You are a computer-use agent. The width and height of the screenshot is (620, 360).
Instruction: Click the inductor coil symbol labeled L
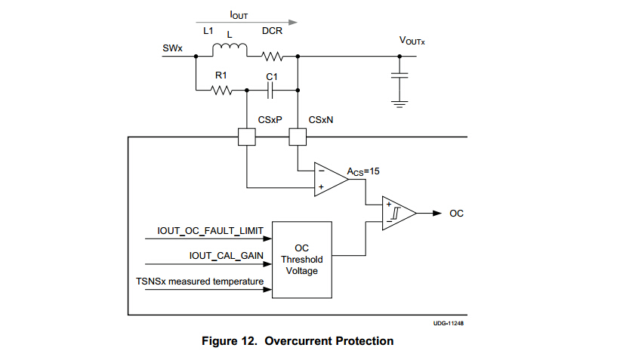click(x=229, y=51)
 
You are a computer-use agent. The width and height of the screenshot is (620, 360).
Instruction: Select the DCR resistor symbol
click(x=272, y=56)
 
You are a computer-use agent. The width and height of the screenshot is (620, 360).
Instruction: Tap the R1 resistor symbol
click(x=221, y=91)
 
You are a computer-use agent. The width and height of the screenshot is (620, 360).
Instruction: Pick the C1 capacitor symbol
click(x=273, y=91)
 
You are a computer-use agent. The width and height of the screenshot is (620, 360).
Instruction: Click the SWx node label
click(x=172, y=49)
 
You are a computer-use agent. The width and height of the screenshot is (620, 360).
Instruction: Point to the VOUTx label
click(x=412, y=41)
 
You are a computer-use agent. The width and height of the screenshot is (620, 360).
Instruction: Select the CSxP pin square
click(x=247, y=137)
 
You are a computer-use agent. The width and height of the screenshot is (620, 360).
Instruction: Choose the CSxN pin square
click(x=298, y=137)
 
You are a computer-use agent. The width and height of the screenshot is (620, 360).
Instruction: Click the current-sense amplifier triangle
click(x=329, y=180)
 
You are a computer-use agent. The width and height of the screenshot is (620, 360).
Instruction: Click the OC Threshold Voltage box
click(x=302, y=259)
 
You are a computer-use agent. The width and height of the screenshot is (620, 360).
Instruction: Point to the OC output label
click(x=456, y=214)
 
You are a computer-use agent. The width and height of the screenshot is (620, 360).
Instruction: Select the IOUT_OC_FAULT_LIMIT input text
click(x=210, y=229)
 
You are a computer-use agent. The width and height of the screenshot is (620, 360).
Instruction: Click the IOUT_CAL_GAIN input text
click(x=226, y=256)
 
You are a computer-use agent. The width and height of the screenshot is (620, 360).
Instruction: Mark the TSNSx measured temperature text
click(x=200, y=282)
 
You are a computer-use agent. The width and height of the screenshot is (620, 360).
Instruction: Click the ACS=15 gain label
click(x=364, y=172)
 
